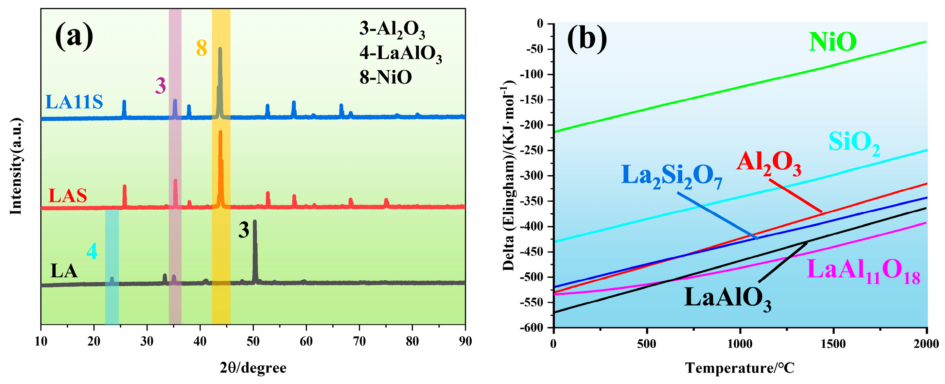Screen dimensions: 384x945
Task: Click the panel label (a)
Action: (x=74, y=36)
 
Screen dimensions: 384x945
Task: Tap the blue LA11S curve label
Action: (x=74, y=102)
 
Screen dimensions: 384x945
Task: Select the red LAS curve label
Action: (x=67, y=196)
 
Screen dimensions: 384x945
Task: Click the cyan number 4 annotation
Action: (x=92, y=252)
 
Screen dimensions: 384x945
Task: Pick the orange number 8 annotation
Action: (x=201, y=48)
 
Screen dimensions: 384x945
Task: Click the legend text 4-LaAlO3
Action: (x=400, y=54)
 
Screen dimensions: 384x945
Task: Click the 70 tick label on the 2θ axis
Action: (x=359, y=341)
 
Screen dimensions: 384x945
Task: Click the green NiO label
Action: (x=832, y=42)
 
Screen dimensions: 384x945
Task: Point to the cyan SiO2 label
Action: (x=854, y=143)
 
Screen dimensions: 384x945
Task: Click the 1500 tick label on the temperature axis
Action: (x=833, y=344)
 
